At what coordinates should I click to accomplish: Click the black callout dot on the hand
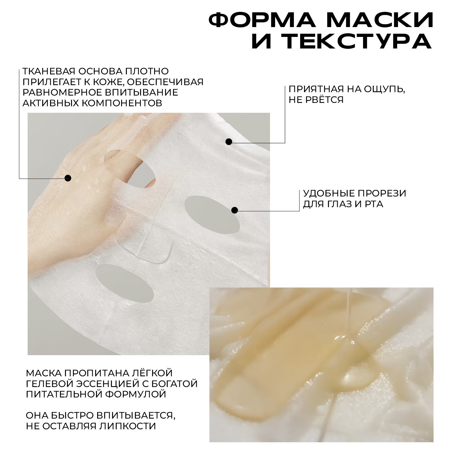[x=68, y=178]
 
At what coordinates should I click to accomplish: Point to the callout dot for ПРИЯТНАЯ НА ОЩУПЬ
[x=229, y=142]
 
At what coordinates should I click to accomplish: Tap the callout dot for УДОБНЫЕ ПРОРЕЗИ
[x=235, y=210]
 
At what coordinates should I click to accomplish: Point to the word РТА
[x=374, y=204]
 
